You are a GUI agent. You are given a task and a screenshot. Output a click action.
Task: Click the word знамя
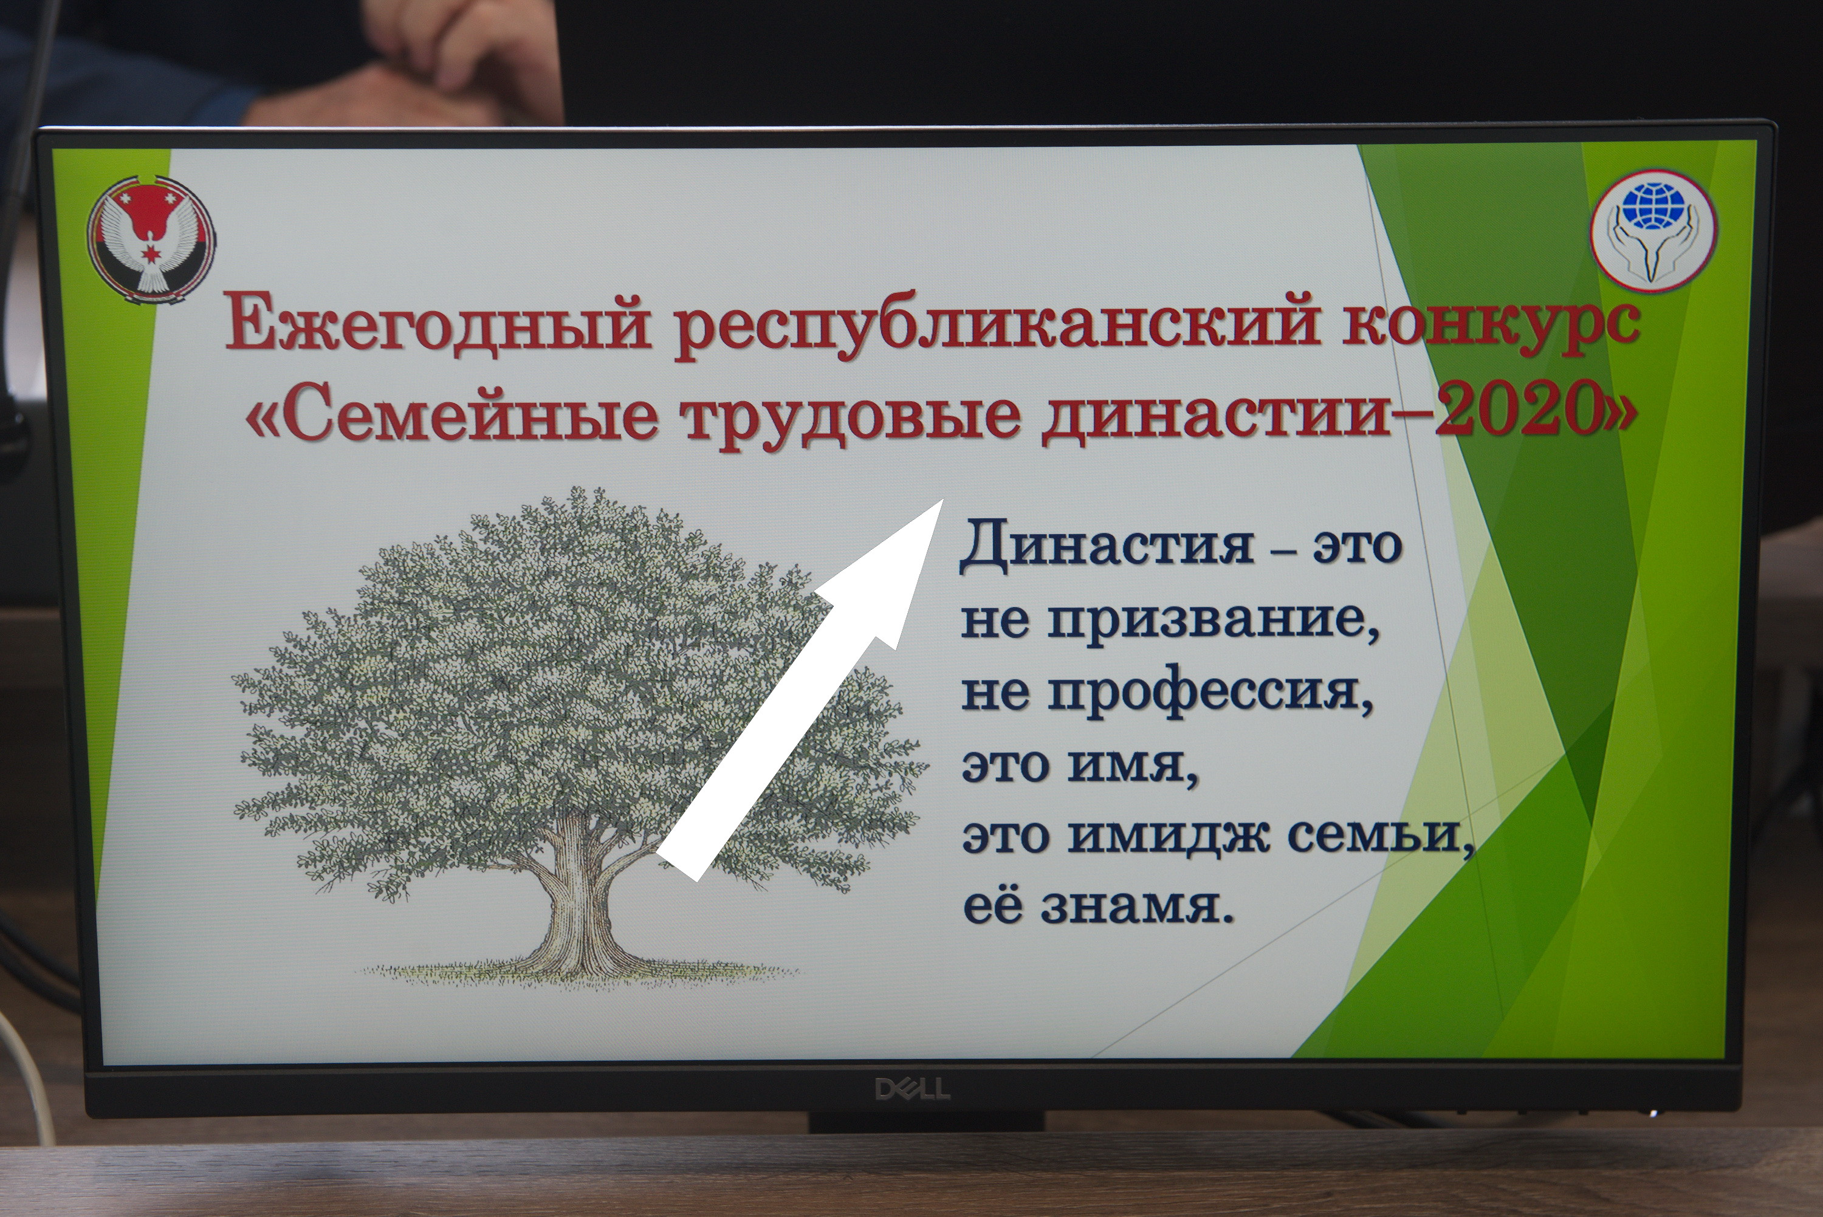[1135, 908]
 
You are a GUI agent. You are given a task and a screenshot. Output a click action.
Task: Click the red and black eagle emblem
[151, 240]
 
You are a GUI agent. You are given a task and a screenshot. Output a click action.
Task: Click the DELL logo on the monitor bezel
[912, 1089]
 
